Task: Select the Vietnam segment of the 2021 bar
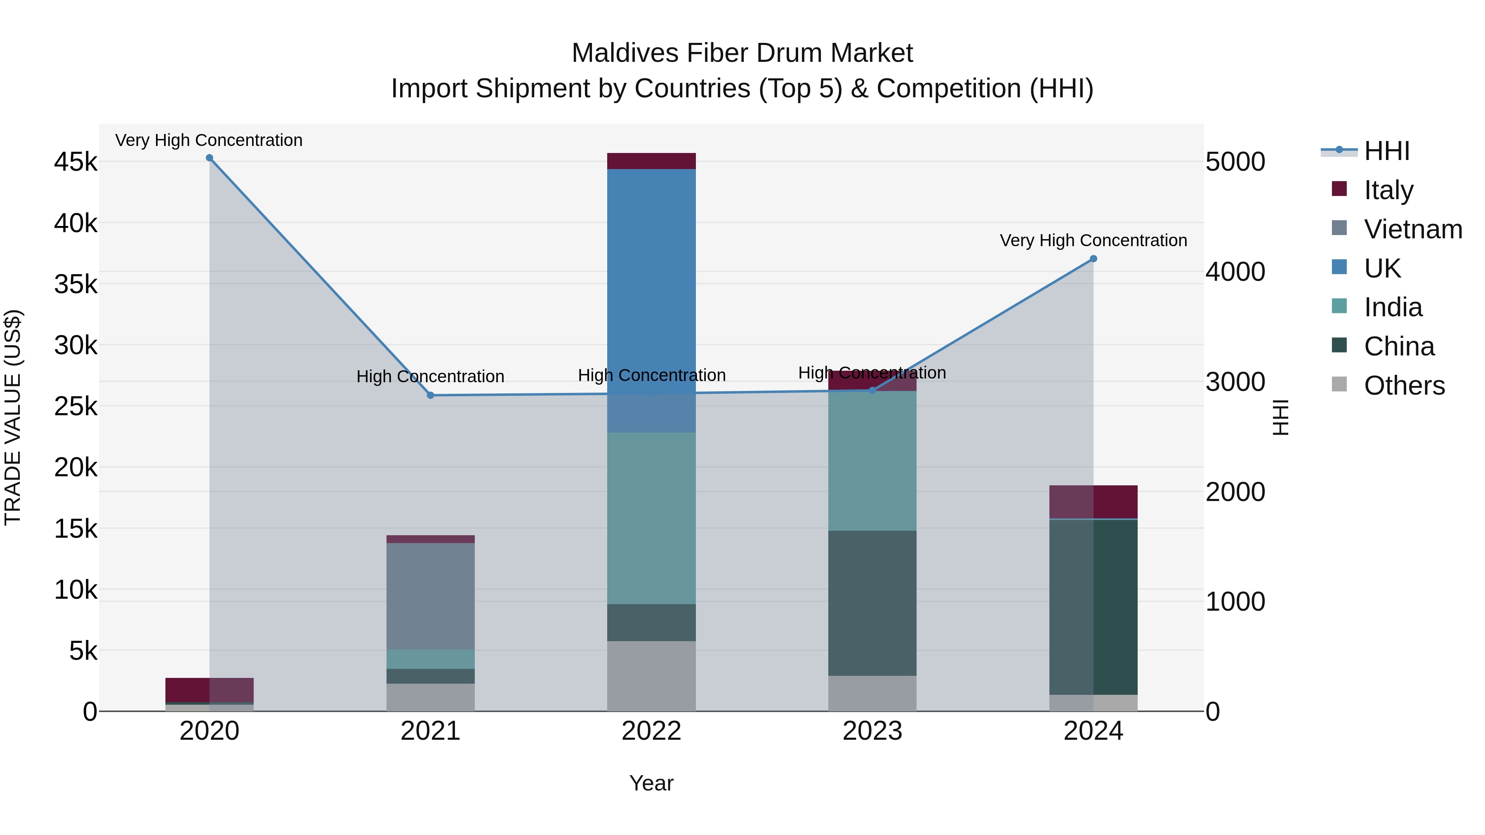pos(430,596)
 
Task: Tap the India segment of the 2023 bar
pos(872,461)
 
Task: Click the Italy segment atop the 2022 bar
pos(651,161)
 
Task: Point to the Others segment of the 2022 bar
pos(651,675)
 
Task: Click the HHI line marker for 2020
pos(209,158)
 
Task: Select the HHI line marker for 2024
pos(1093,259)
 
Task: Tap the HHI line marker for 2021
pos(430,395)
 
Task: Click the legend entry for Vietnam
pos(1412,229)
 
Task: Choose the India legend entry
pos(1393,307)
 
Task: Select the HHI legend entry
pos(1386,151)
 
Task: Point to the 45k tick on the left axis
pos(75,162)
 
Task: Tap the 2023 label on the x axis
pos(872,731)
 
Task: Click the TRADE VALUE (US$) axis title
pos(13,417)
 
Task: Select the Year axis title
pos(651,783)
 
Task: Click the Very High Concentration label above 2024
pos(1093,240)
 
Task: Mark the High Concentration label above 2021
pos(430,376)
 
